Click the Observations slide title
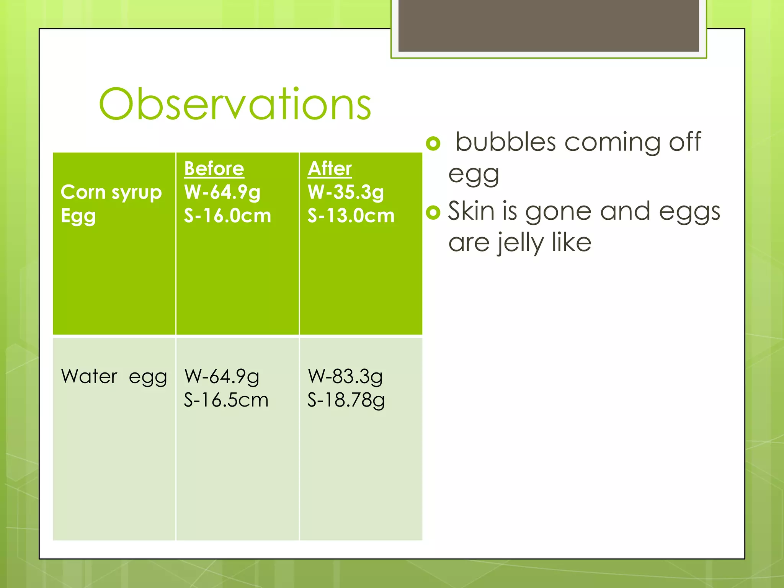pos(235,104)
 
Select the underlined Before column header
pos(214,168)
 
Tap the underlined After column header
pos(330,168)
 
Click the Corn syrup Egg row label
pos(111,203)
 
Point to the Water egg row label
pos(114,376)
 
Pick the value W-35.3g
pos(346,192)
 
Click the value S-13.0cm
pos(351,216)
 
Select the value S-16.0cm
pos(227,216)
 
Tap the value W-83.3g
pos(345,376)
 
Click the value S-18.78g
pos(346,400)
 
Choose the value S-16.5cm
pos(226,400)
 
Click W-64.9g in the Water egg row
pos(222,376)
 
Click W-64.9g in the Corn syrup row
pos(222,192)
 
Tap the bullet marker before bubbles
pos(433,144)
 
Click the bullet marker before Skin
pos(433,212)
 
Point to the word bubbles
pos(505,142)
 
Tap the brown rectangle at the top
pos(549,25)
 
